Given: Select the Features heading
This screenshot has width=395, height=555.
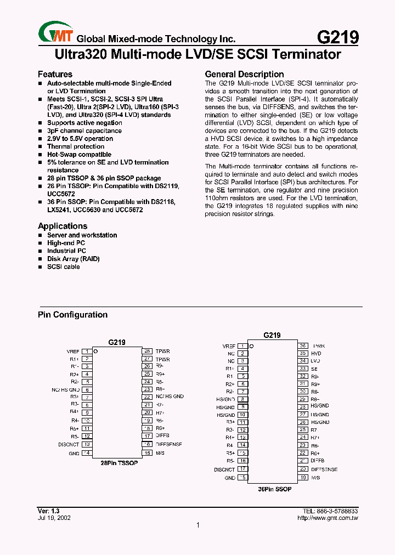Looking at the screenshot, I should point(55,74).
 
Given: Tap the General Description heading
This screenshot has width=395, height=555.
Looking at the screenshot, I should point(244,74).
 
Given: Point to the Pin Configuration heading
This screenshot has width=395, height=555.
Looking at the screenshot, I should point(72,315).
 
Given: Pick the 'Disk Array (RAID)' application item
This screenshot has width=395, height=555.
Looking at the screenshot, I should point(74,259).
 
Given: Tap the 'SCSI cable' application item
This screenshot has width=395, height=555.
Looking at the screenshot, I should point(64,267).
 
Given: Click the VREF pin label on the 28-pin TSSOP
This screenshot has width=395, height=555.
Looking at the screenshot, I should point(72,351).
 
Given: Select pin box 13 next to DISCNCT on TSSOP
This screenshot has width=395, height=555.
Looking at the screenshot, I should point(87,445).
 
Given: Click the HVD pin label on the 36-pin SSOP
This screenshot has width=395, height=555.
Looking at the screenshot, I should point(316,354).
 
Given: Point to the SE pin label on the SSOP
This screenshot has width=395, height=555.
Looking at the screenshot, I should point(314,369).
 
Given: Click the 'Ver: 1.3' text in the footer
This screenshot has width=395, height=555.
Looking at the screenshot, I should point(48,511).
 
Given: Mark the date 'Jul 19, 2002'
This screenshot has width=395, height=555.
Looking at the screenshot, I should point(54,518).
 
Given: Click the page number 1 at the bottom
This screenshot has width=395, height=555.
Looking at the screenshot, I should point(198,525).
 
